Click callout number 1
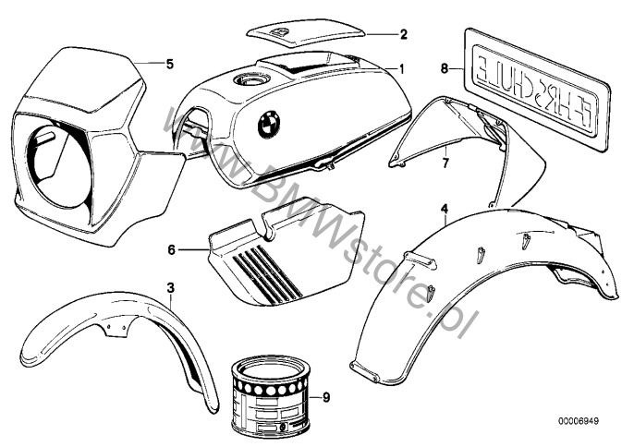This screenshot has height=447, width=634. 402,67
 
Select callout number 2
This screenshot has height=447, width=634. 403,35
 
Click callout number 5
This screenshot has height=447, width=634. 169,64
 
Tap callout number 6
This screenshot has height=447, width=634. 172,248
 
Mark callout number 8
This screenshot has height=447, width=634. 445,68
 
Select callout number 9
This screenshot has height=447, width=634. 324,397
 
